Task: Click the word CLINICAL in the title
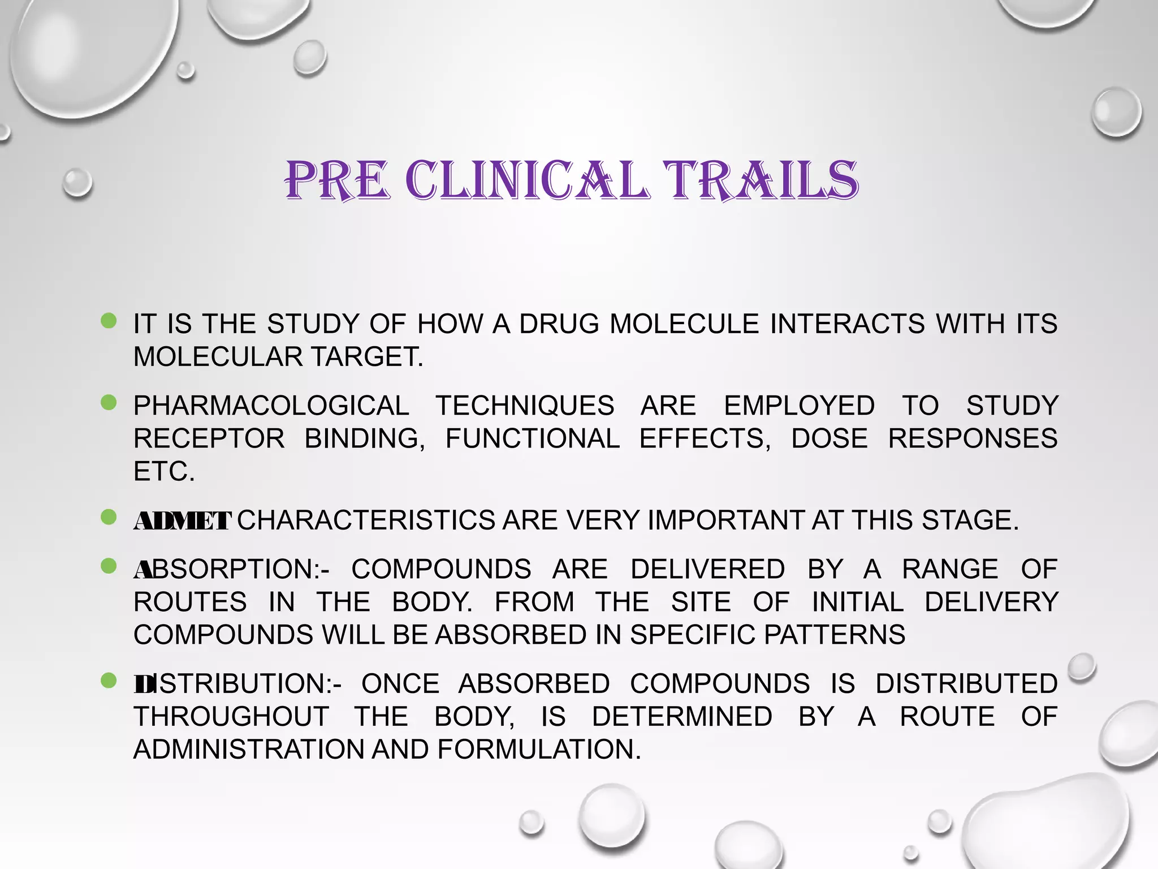526,181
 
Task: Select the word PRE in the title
338,181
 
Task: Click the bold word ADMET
182,521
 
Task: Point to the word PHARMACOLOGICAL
271,406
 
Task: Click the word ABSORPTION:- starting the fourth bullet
231,569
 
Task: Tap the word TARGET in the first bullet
367,357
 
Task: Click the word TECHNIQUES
525,406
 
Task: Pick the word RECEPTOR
209,438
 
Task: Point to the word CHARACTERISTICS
366,520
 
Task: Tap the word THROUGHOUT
231,717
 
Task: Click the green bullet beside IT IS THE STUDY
108,321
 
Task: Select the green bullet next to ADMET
108,517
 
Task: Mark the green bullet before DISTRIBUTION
108,681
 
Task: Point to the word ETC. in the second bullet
164,471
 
